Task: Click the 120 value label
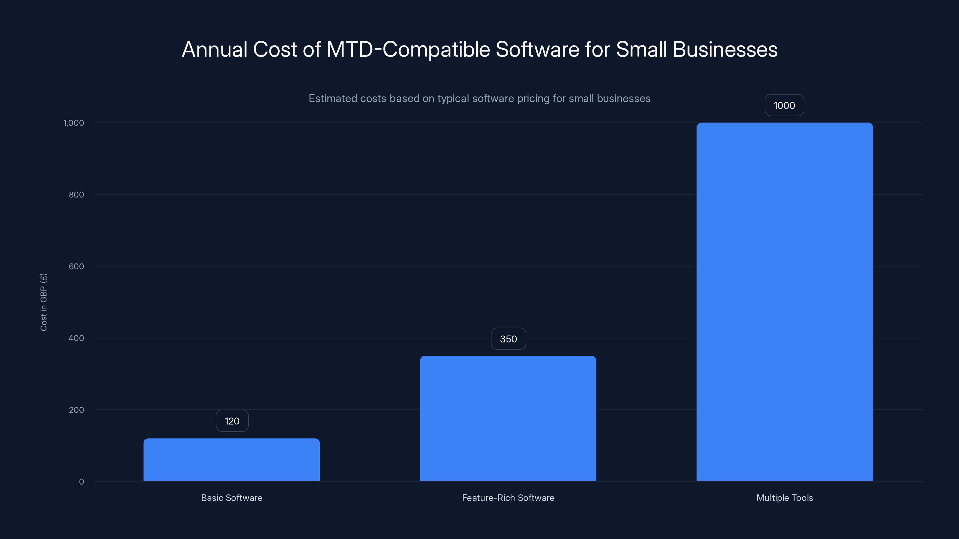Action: pyautogui.click(x=232, y=421)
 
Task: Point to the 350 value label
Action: pyautogui.click(x=508, y=339)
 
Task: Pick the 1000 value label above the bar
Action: pyautogui.click(x=784, y=106)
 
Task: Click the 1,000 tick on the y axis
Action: pyautogui.click(x=74, y=123)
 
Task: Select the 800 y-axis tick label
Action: pyautogui.click(x=76, y=195)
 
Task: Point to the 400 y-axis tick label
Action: pyautogui.click(x=76, y=338)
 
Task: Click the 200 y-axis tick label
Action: pyautogui.click(x=76, y=410)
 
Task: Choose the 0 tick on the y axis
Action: pyautogui.click(x=82, y=482)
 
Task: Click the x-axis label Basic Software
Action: pyautogui.click(x=232, y=498)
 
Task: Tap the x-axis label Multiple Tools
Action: pyautogui.click(x=784, y=498)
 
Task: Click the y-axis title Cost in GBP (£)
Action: pyautogui.click(x=43, y=302)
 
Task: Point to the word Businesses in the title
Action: pyautogui.click(x=725, y=49)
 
